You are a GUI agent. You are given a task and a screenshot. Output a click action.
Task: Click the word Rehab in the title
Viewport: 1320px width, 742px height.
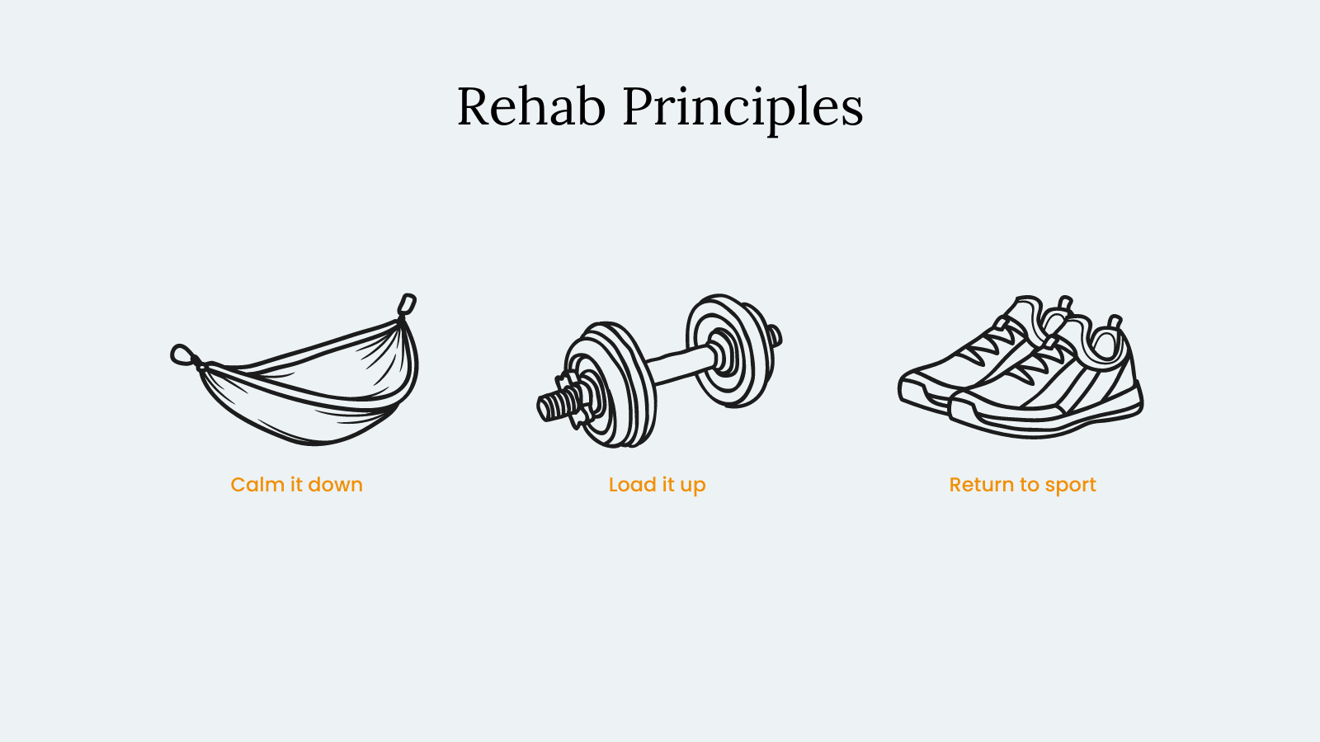coord(531,106)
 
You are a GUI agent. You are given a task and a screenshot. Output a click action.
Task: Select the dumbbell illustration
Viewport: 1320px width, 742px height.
coord(659,371)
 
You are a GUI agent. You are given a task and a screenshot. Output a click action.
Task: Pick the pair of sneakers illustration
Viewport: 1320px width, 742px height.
coord(1021,367)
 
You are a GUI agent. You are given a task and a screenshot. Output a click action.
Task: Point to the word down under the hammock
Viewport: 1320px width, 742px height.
coord(335,485)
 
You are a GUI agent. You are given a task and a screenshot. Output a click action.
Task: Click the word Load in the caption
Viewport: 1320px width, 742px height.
coord(632,485)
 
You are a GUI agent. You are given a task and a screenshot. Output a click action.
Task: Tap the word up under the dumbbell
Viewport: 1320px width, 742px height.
coord(693,487)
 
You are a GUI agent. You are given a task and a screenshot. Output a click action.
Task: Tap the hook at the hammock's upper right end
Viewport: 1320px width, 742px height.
coord(408,305)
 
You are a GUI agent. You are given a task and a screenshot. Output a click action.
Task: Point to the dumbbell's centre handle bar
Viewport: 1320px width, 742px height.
coord(681,365)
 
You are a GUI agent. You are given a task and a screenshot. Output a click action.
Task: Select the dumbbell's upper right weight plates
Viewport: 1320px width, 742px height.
coord(730,350)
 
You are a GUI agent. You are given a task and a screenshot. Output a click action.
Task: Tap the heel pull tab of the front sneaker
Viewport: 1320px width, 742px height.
coord(1114,322)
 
